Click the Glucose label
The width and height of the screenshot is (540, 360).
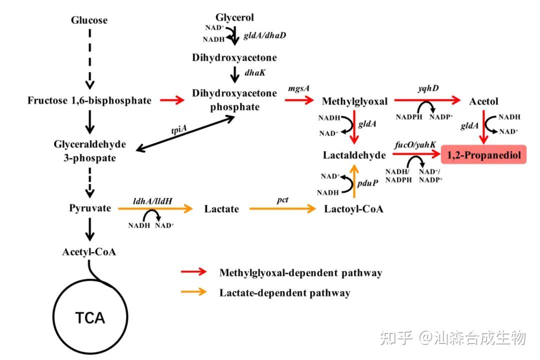point(89,20)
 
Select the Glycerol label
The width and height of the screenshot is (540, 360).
point(234,17)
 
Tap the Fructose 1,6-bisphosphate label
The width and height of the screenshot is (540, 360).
point(89,100)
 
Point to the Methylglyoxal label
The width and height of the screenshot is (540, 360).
point(354,101)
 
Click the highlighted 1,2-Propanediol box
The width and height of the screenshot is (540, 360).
point(483,155)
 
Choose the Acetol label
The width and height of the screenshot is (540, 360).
point(483,101)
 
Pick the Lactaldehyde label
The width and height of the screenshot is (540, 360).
point(354,155)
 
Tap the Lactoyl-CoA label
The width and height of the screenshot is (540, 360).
point(353,209)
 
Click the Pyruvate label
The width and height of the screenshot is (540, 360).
point(90,208)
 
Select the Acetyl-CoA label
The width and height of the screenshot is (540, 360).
point(89,251)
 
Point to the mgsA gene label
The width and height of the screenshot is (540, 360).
point(299,88)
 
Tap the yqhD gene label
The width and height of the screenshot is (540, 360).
point(428,88)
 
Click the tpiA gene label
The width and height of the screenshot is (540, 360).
point(178,129)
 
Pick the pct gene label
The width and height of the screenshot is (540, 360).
point(283,199)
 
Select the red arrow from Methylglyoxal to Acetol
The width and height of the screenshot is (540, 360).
point(427,100)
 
